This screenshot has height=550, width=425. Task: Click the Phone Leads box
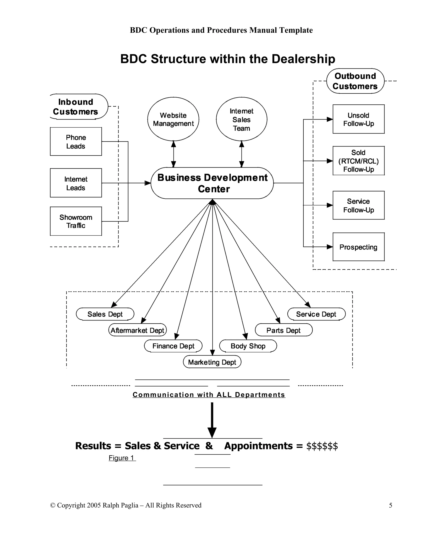coord(76,142)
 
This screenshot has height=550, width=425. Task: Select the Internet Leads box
coord(76,183)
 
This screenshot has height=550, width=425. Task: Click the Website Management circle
coord(173,119)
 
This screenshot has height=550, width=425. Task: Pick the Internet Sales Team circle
coord(242,119)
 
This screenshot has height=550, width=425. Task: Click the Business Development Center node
coord(212,183)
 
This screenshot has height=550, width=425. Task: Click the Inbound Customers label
coord(76,106)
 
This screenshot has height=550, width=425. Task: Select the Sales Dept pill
coord(105,314)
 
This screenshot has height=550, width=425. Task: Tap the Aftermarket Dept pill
coord(137,330)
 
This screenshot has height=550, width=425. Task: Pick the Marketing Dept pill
coord(212,362)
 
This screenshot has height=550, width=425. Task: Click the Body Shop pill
coord(248,346)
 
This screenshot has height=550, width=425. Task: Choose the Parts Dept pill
coord(283,330)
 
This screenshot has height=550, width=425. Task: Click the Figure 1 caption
coord(122,458)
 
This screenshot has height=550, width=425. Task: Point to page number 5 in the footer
coord(391,505)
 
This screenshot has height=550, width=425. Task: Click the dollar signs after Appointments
coord(322,446)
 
